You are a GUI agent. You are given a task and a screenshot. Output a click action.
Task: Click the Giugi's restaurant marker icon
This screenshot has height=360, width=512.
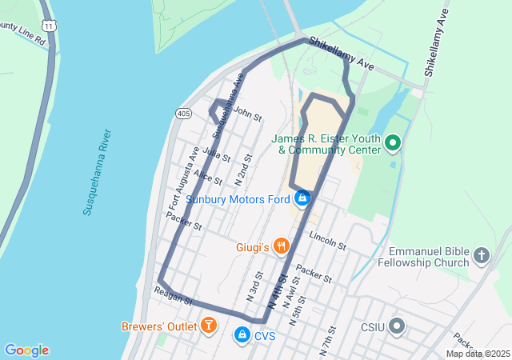(281, 246)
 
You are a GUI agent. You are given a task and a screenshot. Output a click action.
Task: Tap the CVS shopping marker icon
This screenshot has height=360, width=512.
(241, 334)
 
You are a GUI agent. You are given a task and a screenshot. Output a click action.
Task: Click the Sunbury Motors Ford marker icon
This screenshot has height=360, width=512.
(302, 198)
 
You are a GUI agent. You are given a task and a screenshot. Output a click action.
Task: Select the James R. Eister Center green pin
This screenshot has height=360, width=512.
(393, 143)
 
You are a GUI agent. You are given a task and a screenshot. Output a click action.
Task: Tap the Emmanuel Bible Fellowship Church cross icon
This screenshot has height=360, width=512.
(481, 255)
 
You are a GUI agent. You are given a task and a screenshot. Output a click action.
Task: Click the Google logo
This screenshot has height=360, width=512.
(26, 350)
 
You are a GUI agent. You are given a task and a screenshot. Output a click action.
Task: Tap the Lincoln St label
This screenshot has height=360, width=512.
(327, 241)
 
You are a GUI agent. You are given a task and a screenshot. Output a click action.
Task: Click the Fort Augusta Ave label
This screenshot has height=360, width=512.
(184, 178)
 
